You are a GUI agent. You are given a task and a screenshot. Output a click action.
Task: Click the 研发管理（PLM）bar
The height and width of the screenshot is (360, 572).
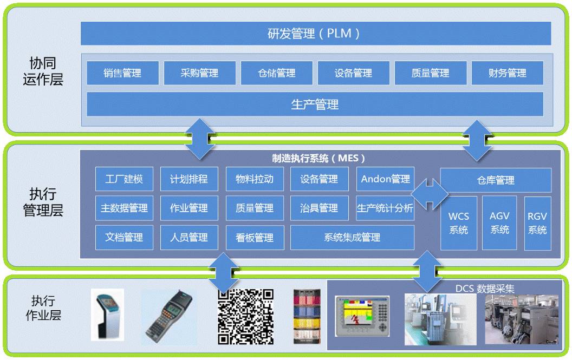click(316, 34)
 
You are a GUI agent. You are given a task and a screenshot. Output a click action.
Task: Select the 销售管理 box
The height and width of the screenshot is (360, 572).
click(122, 73)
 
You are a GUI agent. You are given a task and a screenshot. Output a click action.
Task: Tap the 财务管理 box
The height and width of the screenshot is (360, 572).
click(507, 73)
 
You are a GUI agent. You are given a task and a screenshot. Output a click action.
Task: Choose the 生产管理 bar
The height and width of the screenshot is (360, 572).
click(315, 104)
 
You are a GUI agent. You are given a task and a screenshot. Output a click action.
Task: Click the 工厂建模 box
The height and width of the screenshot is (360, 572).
click(124, 179)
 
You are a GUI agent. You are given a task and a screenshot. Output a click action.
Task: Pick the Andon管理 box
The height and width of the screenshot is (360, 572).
click(385, 179)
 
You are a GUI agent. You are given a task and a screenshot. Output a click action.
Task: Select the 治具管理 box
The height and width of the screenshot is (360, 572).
click(319, 208)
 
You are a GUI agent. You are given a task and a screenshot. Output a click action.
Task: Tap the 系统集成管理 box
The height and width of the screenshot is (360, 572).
click(352, 237)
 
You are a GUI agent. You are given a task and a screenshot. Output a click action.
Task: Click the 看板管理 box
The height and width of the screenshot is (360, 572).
click(255, 237)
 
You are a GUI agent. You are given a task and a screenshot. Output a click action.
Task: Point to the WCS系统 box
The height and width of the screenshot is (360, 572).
click(458, 223)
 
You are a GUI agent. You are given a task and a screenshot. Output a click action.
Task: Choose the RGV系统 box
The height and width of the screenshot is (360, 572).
click(537, 223)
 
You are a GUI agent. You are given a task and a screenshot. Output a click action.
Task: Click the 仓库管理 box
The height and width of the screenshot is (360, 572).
click(496, 180)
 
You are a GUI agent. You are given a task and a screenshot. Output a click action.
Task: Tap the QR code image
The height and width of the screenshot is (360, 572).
click(245, 317)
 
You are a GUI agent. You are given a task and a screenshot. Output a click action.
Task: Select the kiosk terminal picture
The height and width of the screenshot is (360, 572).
click(107, 315)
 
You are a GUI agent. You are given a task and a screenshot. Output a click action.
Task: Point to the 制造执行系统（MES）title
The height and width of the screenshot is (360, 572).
click(318, 159)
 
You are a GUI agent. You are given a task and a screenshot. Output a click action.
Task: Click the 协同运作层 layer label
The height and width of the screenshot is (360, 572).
click(43, 71)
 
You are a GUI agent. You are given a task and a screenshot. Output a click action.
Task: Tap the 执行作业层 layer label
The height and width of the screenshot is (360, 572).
click(43, 307)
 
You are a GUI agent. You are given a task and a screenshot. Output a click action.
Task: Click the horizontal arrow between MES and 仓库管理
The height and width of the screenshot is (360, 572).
click(430, 193)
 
